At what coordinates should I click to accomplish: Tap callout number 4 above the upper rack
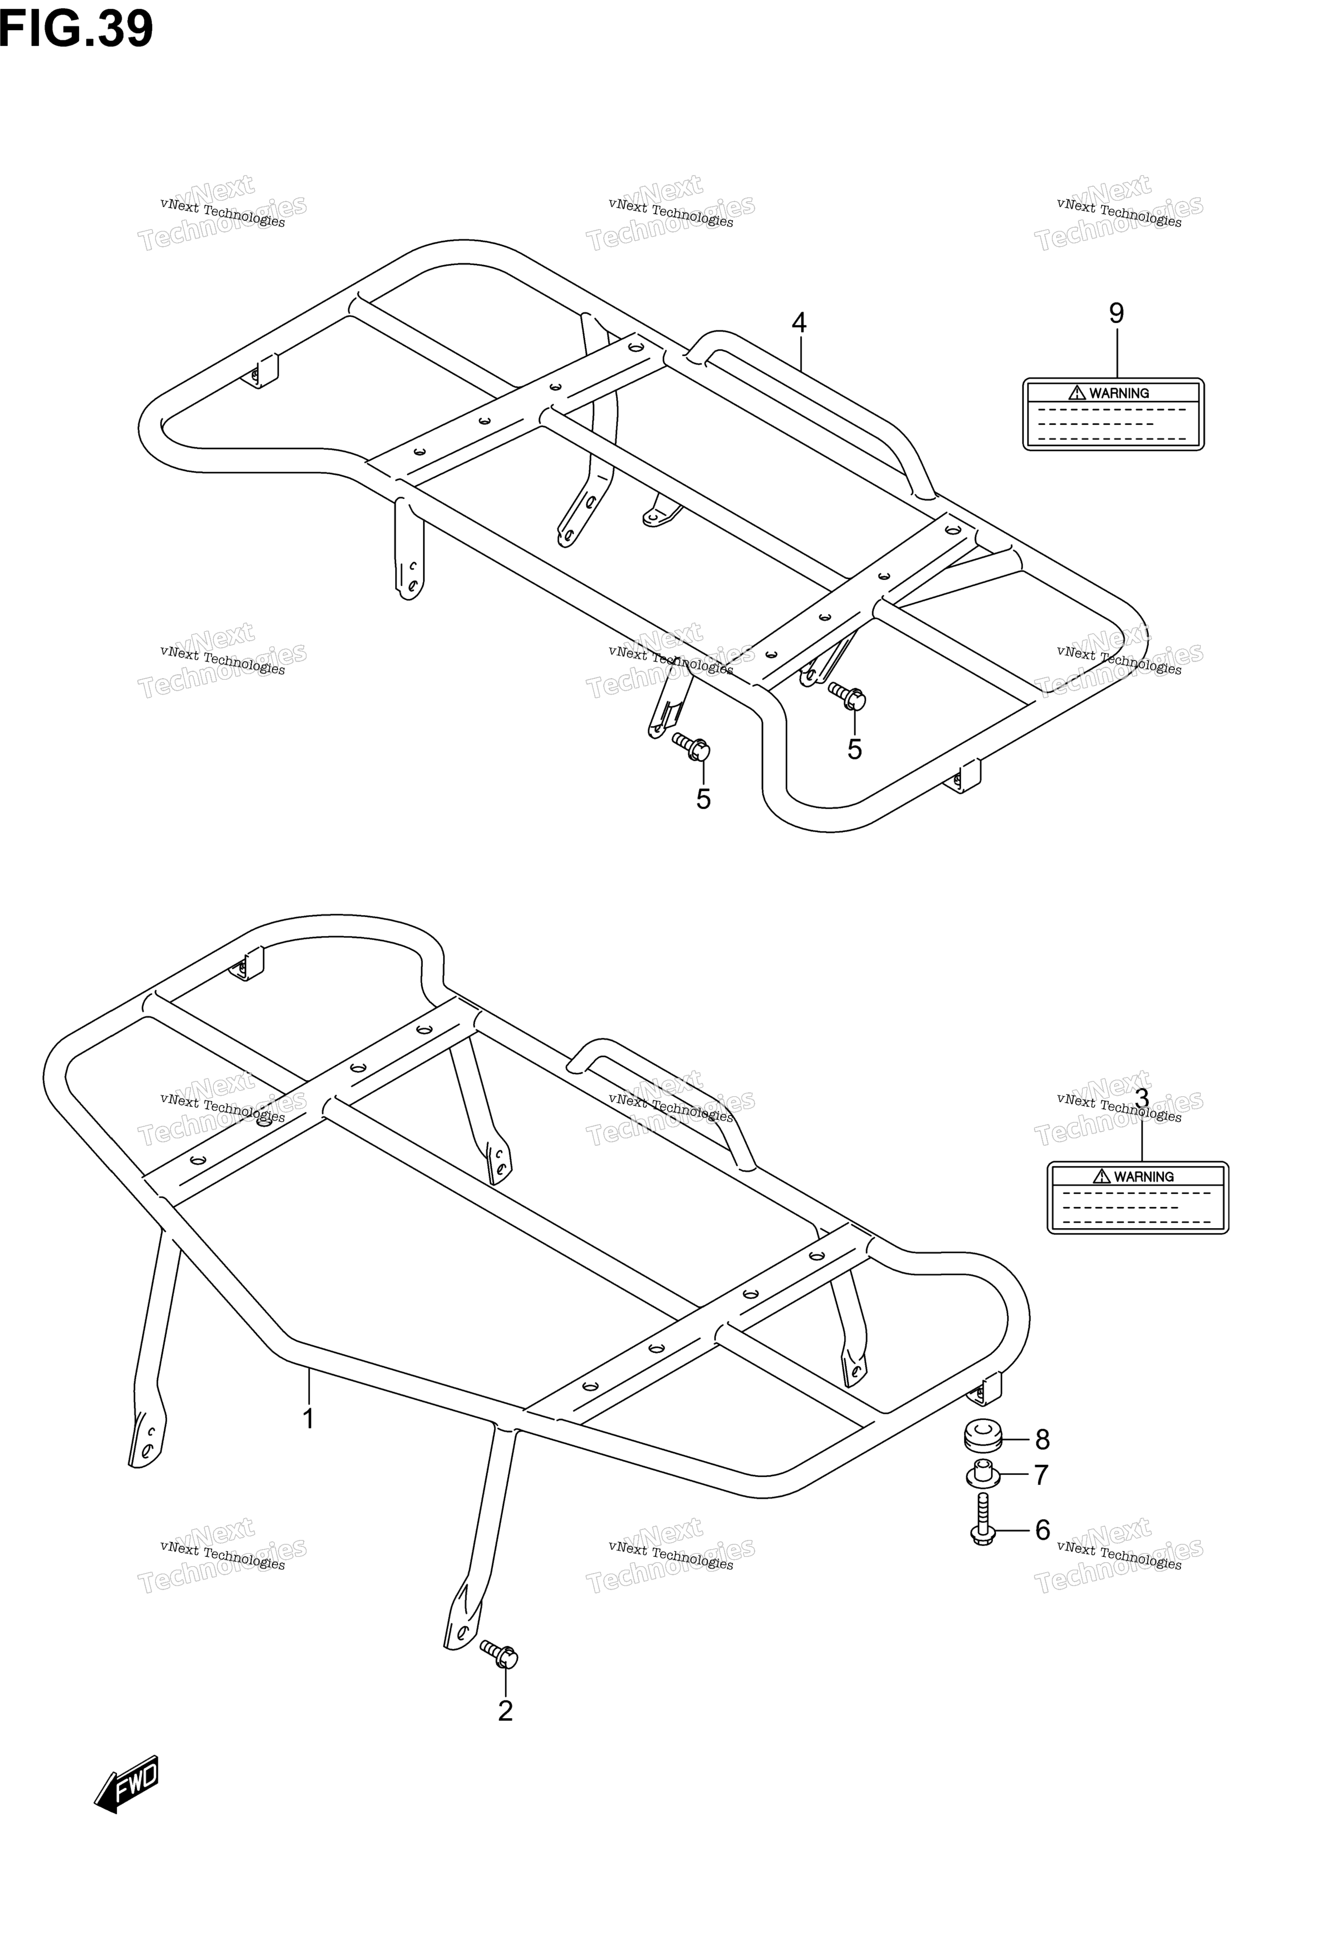click(x=799, y=323)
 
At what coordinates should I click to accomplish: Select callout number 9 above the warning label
click(x=1116, y=313)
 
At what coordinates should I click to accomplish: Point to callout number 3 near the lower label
click(x=1141, y=1098)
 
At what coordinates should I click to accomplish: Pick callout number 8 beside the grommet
click(x=1042, y=1440)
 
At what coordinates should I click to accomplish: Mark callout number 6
click(x=1042, y=1531)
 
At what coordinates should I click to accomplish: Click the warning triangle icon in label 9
click(x=1076, y=392)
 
